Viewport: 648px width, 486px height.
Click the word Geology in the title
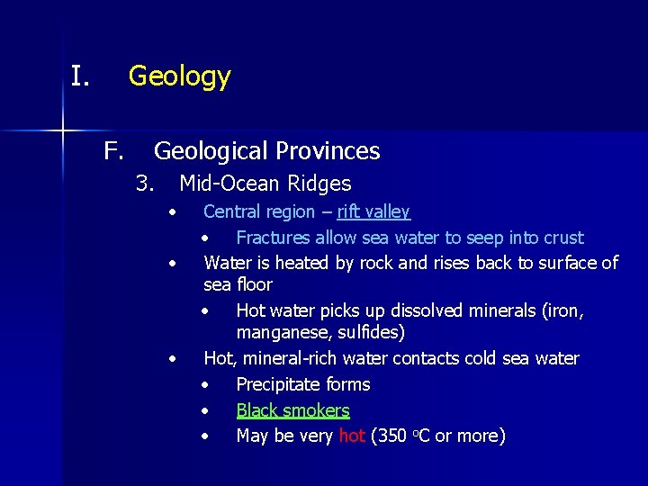(x=179, y=76)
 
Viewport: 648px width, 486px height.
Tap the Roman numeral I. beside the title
(x=80, y=76)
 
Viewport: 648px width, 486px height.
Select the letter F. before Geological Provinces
(x=113, y=150)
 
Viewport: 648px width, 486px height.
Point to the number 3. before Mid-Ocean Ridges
(x=145, y=184)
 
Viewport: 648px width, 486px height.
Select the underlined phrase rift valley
(x=373, y=211)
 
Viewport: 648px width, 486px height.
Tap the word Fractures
(x=274, y=238)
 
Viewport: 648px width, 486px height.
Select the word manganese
(x=279, y=332)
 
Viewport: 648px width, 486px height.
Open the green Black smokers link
(x=292, y=410)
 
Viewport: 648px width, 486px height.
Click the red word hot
(x=352, y=436)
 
